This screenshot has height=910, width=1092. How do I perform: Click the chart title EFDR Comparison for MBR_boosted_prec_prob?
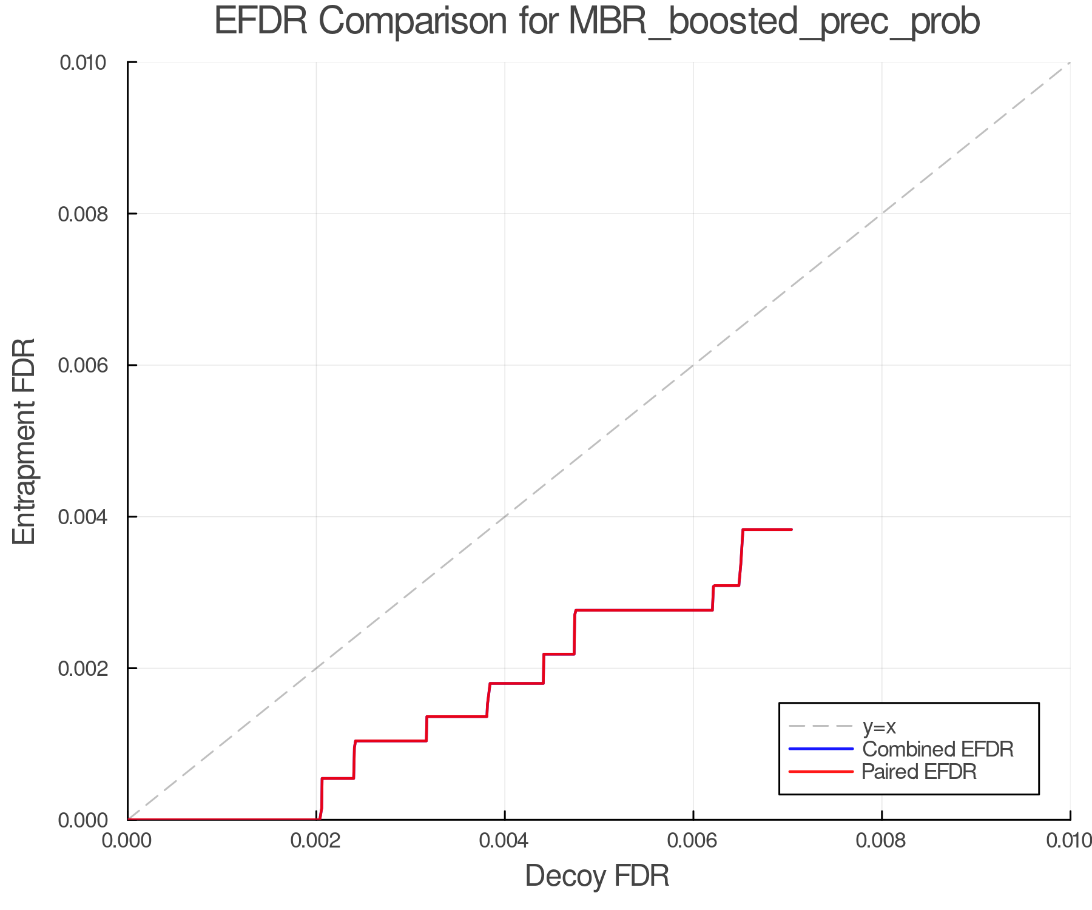597,22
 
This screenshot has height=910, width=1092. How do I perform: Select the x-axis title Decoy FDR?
597,876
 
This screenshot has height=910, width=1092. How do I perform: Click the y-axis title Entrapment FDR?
24,442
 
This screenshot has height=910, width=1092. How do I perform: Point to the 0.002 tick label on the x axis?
316,841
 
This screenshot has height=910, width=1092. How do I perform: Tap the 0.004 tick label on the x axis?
505,841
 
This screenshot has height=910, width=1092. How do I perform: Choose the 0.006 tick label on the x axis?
693,841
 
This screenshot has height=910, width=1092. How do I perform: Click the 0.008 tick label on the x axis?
881,841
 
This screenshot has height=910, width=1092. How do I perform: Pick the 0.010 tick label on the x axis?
1069,841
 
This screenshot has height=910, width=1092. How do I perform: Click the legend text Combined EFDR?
938,749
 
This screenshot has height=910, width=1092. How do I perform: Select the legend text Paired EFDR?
919,772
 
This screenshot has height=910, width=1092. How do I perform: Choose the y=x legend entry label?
879,726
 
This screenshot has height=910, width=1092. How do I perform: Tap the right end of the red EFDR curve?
791,530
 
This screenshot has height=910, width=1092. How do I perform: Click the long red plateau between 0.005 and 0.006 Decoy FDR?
643,610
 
